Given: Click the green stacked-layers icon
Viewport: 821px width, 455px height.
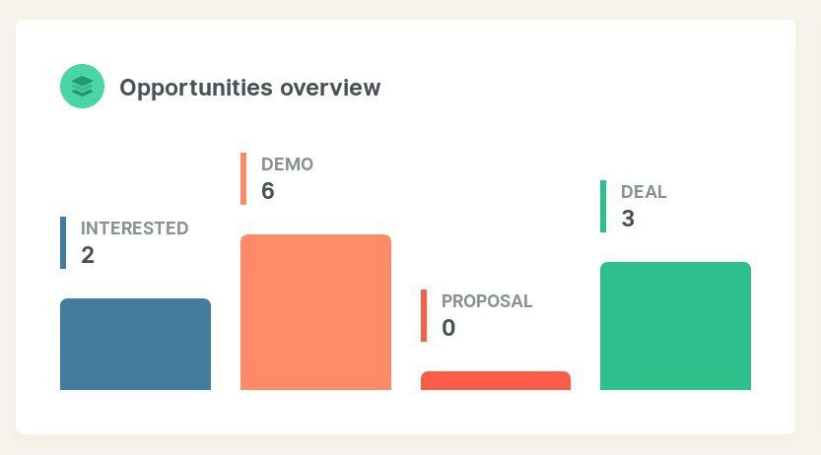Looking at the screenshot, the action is (82, 87).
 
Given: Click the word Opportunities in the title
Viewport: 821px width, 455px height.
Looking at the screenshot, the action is (196, 88).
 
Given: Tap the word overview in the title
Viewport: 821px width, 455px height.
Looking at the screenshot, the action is (330, 88).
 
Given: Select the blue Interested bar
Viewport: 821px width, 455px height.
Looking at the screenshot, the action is (136, 344).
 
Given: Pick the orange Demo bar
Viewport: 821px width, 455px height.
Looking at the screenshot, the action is (315, 312).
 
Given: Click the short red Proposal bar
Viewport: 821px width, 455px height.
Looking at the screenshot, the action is (496, 381).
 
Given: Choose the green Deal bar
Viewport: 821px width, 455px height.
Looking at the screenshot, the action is (675, 326).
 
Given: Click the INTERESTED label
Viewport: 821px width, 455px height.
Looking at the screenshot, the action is (135, 228).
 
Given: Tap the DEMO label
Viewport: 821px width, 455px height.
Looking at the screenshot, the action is (287, 164).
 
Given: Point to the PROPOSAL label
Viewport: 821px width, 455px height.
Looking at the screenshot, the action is (487, 301).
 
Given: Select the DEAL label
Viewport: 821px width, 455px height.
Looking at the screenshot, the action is (644, 192).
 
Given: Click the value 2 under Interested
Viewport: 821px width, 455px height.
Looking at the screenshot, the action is (88, 255).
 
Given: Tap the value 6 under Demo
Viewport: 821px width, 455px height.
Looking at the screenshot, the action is (267, 191).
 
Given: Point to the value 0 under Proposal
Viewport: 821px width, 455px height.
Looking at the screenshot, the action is (448, 328).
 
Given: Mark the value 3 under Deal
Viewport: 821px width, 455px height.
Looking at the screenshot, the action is (628, 219).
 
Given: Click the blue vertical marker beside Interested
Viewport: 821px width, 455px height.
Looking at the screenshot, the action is (63, 242).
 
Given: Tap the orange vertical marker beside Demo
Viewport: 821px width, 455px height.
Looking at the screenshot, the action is (243, 178).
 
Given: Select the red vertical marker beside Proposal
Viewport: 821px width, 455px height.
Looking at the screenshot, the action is (424, 315).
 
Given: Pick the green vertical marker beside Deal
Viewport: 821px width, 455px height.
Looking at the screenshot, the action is (603, 206).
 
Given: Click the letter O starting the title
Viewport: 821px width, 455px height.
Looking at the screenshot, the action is (128, 88).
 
